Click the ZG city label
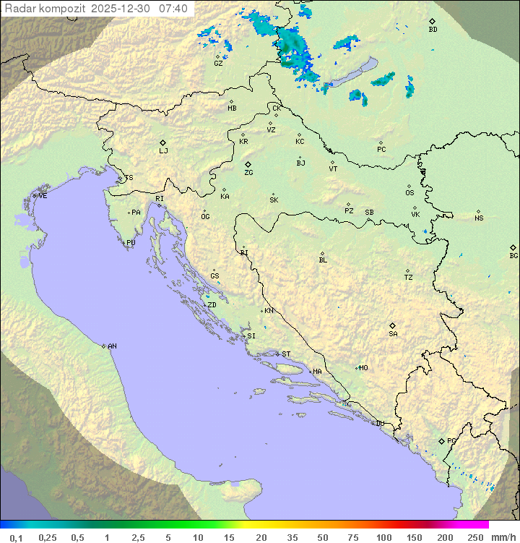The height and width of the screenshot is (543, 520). point(248,173)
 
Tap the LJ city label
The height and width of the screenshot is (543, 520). point(163,151)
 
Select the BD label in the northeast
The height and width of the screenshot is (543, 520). point(433,30)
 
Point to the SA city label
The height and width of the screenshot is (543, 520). point(393,334)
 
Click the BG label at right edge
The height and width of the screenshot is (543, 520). point(513,255)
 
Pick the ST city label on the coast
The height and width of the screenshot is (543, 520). point(286,354)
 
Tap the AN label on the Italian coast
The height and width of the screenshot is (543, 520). point(112,346)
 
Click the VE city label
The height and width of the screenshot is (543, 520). point(43,196)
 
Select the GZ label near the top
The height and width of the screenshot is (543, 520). point(218,64)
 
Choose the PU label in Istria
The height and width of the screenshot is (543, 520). point(131,243)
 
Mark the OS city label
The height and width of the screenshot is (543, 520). point(409,193)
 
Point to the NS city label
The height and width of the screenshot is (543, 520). point(479,218)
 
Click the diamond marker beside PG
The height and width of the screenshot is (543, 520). point(441,440)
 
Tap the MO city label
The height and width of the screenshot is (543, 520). point(363,368)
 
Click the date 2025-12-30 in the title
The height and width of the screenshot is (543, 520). point(123,9)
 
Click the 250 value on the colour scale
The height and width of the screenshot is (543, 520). point(474,537)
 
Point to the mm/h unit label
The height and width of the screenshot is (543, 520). point(503,537)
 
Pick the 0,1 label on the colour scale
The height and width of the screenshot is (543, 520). point(17,537)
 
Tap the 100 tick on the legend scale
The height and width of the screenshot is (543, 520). point(383,537)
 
